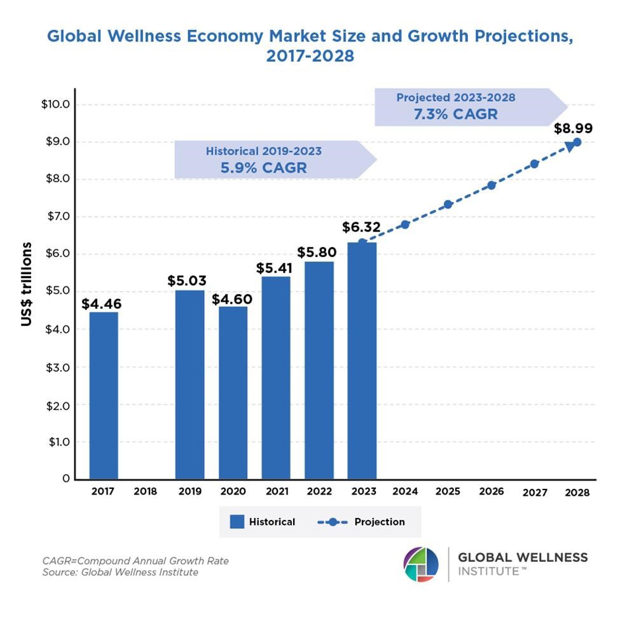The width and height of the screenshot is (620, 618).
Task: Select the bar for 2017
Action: point(103,395)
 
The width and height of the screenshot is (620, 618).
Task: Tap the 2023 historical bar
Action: point(362,360)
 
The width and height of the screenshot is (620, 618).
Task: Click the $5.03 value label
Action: point(187,281)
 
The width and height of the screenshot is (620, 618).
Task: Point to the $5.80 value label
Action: point(317,252)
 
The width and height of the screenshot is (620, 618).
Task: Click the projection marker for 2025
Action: point(448,204)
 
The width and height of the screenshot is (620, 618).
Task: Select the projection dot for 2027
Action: point(534,164)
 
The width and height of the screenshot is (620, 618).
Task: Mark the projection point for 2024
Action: point(405,224)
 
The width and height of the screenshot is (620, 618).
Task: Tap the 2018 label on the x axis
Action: point(146,491)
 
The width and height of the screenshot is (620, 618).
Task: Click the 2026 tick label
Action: point(491,491)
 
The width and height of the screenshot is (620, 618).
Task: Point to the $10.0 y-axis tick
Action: point(55,104)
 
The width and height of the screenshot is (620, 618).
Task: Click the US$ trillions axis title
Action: point(26,284)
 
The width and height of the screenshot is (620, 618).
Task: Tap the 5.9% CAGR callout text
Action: point(263,167)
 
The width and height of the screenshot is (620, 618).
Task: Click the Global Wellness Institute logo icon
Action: point(421,564)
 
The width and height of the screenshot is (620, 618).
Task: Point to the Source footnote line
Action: point(120,572)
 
